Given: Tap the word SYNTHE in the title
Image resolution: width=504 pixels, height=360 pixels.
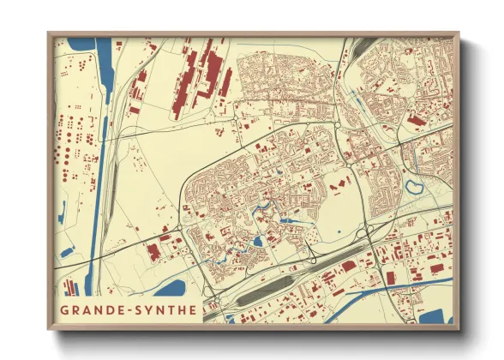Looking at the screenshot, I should click(x=166, y=309).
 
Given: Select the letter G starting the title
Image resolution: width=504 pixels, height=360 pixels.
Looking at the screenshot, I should click(x=64, y=309).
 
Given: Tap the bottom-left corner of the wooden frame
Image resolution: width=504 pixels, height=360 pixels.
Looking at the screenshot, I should click(x=50, y=329).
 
